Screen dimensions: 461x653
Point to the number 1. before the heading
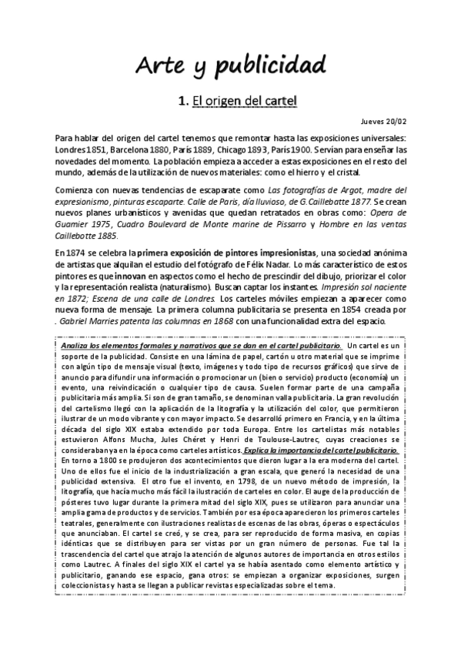click(x=182, y=101)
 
